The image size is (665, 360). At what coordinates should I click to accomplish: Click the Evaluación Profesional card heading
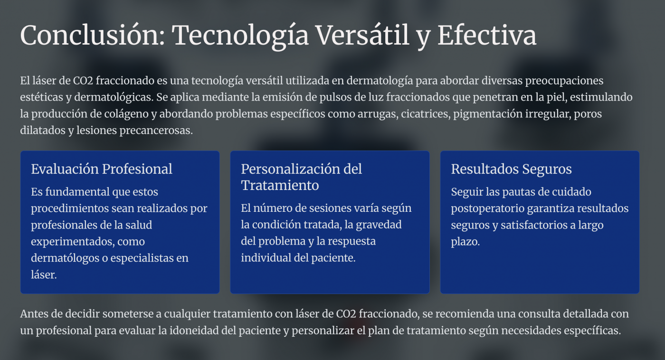pyautogui.click(x=102, y=169)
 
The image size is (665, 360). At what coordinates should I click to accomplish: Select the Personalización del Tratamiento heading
pyautogui.click(x=301, y=177)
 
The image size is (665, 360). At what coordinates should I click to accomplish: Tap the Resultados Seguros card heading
pyautogui.click(x=511, y=169)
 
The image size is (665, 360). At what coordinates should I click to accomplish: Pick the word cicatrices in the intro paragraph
pyautogui.click(x=425, y=114)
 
